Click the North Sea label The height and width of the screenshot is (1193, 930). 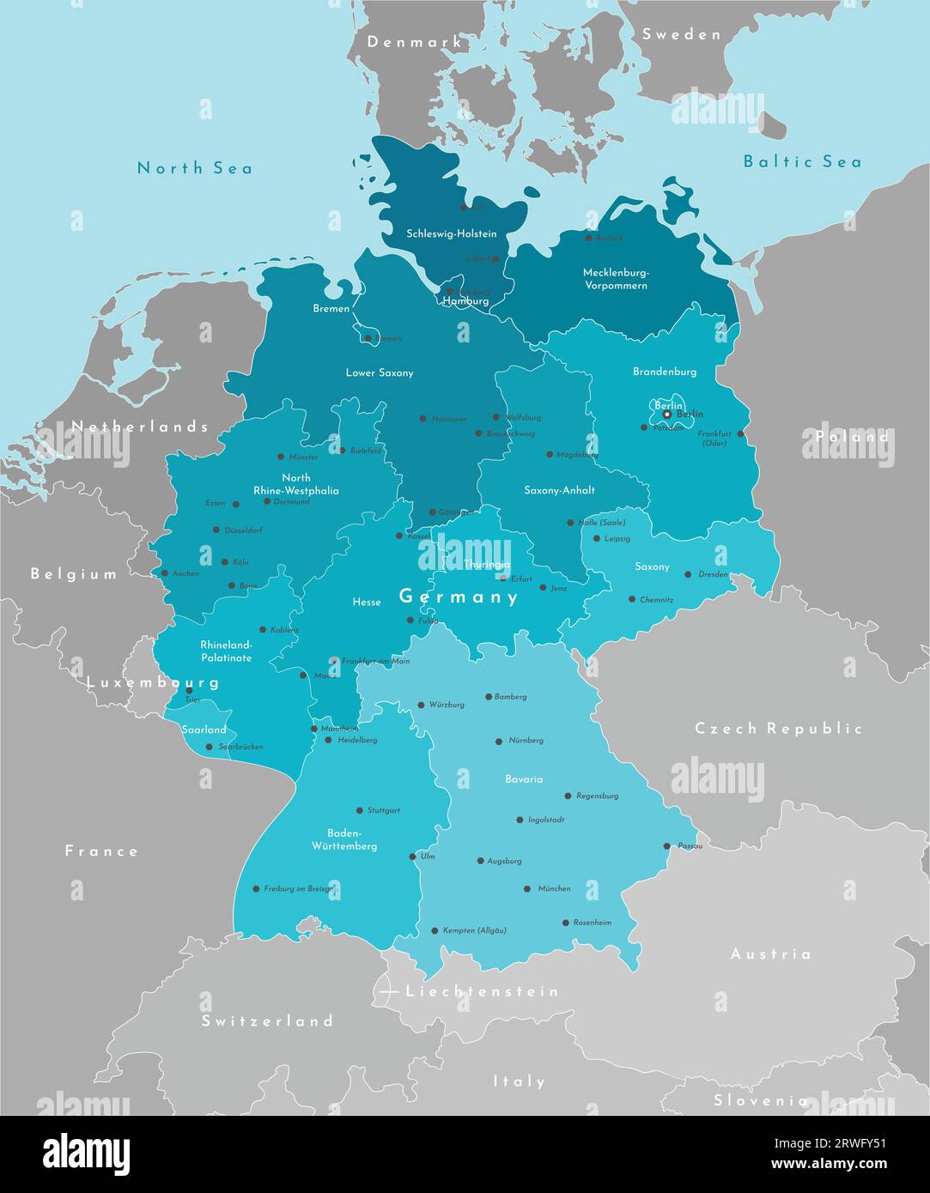[x=195, y=168]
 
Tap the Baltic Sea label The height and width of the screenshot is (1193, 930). [x=801, y=161]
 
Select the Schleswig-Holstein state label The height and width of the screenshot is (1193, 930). [x=451, y=233]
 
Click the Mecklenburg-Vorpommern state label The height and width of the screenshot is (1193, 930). [x=616, y=279]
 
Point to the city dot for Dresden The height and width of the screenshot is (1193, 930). [x=688, y=574]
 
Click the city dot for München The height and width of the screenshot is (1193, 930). [x=527, y=889]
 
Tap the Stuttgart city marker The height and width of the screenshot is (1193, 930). [x=360, y=810]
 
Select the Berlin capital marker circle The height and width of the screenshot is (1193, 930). [x=667, y=415]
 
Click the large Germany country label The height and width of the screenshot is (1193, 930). [x=459, y=596]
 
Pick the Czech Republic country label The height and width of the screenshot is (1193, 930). [x=778, y=729]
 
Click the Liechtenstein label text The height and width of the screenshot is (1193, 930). [x=482, y=991]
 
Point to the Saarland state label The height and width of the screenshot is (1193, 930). [x=204, y=730]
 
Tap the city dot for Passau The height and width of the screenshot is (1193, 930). [x=667, y=846]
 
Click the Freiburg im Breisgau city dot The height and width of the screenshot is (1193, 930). [x=256, y=889]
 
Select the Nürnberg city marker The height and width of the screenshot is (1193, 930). [x=499, y=741]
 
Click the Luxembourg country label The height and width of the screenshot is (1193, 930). [x=153, y=683]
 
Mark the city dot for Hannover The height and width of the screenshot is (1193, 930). [x=422, y=419]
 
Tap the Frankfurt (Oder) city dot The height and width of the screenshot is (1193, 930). [x=740, y=433]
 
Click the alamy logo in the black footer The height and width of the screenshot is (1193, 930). [x=86, y=1155]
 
